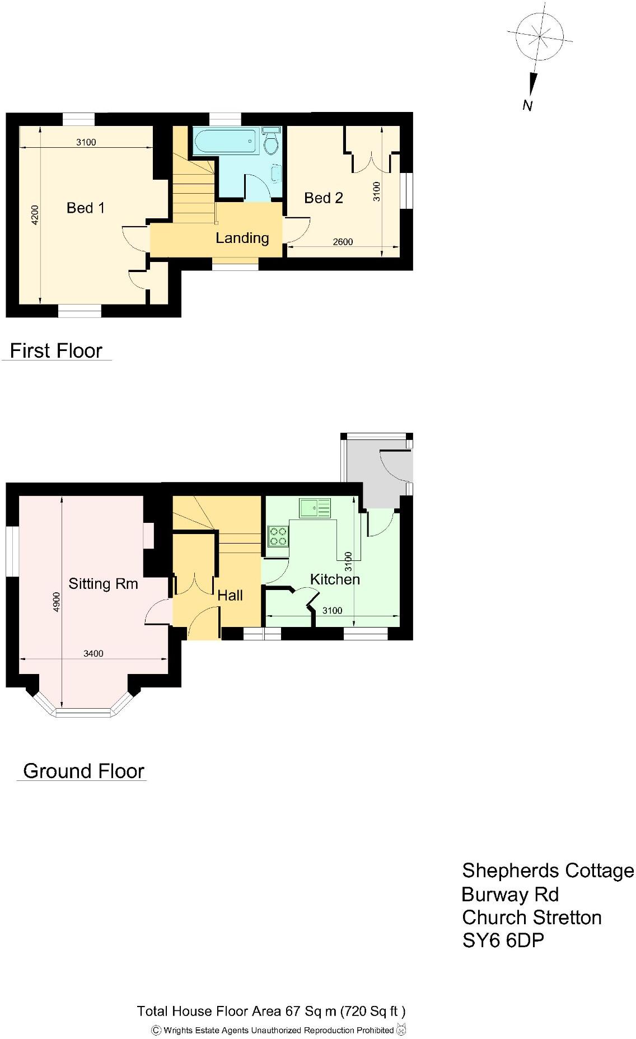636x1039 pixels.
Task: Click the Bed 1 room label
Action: (x=85, y=208)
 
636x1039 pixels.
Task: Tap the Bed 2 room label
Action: (x=323, y=198)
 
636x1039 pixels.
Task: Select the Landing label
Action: (x=242, y=238)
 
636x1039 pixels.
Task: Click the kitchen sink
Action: (x=315, y=508)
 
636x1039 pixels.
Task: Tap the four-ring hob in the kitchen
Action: (x=278, y=536)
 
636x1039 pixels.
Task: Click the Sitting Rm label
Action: (x=103, y=584)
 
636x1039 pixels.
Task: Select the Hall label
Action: (x=230, y=596)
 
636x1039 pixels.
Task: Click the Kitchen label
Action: (x=335, y=579)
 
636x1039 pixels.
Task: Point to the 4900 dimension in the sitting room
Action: (x=57, y=602)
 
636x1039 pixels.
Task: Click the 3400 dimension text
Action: (x=93, y=653)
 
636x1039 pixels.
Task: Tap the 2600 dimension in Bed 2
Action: (x=343, y=242)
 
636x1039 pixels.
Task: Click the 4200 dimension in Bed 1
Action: (x=35, y=215)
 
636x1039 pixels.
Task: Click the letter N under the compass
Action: (x=527, y=105)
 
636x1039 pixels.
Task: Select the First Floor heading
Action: (x=56, y=351)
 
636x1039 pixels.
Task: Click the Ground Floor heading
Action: (x=83, y=771)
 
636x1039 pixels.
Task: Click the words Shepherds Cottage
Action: (x=548, y=870)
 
